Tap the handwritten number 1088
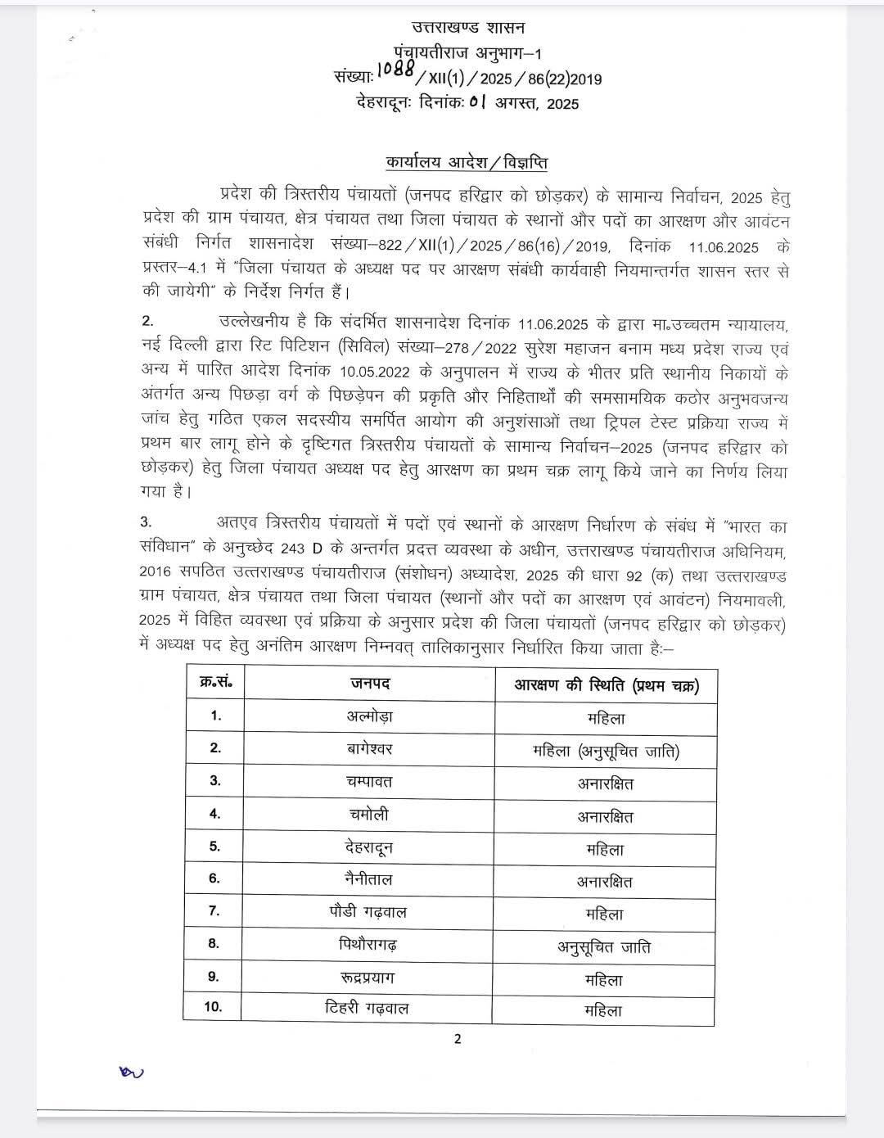coord(397,72)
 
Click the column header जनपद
coord(370,684)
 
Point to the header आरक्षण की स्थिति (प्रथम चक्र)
coord(606,685)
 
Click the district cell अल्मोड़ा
coord(369,716)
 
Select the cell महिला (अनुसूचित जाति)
coord(606,751)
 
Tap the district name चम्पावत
coord(369,782)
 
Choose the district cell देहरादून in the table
coord(369,847)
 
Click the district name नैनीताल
coord(368,880)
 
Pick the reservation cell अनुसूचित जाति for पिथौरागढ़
coord(605,947)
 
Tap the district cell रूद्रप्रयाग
coord(368,978)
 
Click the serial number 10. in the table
coord(213,1007)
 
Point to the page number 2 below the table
coord(458,1039)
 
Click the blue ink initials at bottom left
coord(131,1071)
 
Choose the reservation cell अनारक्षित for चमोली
coord(605,816)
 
